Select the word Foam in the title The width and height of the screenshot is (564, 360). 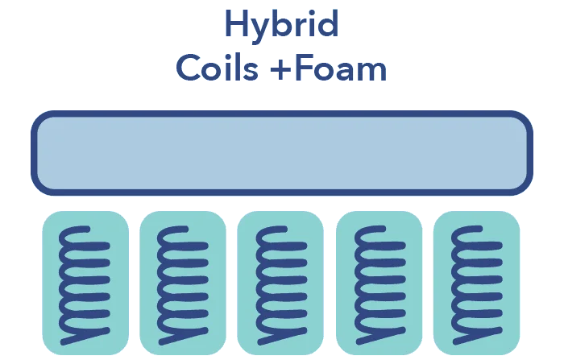pyautogui.click(x=340, y=68)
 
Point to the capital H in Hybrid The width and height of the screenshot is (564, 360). pyautogui.click(x=237, y=23)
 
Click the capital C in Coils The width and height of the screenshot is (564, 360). pyautogui.click(x=189, y=68)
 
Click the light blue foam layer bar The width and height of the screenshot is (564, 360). pyautogui.click(x=282, y=153)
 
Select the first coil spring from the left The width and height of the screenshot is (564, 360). pyautogui.click(x=85, y=285)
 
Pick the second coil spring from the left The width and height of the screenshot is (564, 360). pyautogui.click(x=183, y=285)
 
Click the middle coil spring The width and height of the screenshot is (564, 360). pyautogui.click(x=281, y=285)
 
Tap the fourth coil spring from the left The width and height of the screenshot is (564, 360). pyautogui.click(x=379, y=285)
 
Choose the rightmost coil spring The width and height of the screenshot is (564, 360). pyautogui.click(x=476, y=285)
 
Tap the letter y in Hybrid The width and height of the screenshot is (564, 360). pyautogui.click(x=263, y=31)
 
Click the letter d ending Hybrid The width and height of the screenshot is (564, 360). pyautogui.click(x=327, y=23)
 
